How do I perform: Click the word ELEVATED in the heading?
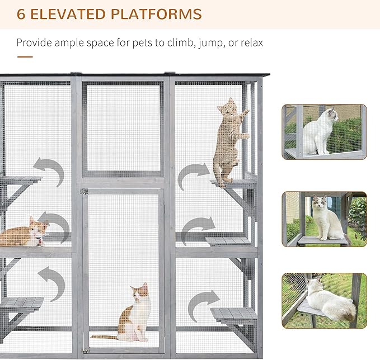click(70, 14)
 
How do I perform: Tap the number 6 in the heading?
click(21, 14)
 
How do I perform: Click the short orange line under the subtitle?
click(25, 56)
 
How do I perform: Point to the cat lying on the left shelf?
click(25, 234)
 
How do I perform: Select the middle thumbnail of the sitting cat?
click(325, 219)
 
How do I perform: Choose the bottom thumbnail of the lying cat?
click(325, 300)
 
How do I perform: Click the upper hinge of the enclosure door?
click(85, 192)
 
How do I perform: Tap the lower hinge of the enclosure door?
click(85, 350)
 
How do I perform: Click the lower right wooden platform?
click(234, 314)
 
